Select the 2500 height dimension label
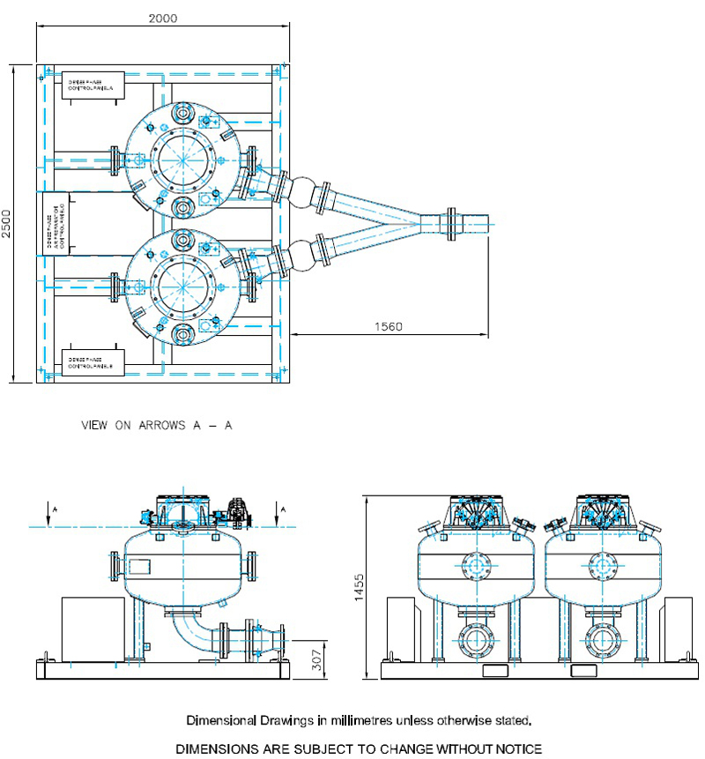[x=7, y=223]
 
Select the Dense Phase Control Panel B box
[x=93, y=361]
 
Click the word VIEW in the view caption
[x=95, y=425]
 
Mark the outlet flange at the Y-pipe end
[x=452, y=223]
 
